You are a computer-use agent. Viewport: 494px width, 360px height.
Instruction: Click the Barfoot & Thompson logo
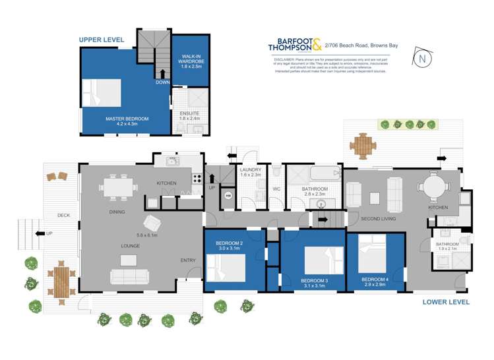coord(295,44)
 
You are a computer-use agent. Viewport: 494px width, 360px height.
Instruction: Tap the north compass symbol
coord(422,58)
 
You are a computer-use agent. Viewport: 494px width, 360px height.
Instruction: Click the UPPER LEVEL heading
coord(102,40)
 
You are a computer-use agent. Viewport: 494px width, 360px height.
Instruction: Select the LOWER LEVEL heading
coord(446,302)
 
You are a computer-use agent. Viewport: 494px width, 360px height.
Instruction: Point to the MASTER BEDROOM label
coord(127,119)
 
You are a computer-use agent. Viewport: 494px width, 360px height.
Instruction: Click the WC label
coord(277,189)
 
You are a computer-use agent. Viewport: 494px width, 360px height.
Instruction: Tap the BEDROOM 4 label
coord(375,279)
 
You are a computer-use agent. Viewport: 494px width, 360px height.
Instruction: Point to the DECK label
coord(63,215)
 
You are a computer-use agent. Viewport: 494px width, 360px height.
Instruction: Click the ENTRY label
coord(189,260)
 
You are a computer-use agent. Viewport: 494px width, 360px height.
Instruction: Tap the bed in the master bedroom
coord(103,93)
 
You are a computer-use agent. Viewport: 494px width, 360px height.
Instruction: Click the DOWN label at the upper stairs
coord(162,82)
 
